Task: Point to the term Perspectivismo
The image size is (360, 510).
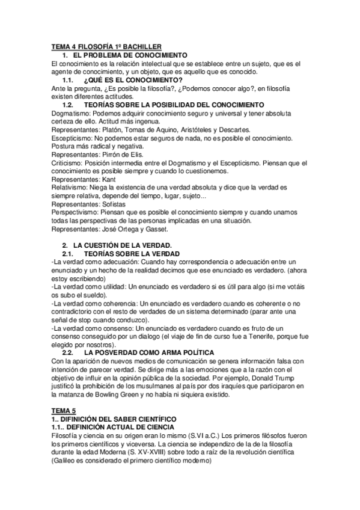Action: coord(76,212)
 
